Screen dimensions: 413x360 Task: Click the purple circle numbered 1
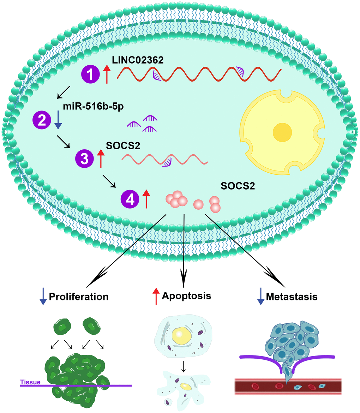91,75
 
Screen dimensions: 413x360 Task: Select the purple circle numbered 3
85,158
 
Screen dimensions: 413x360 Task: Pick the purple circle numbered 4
130,199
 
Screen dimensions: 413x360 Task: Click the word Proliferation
79,297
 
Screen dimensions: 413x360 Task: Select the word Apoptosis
186,295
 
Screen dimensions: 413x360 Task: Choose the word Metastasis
292,297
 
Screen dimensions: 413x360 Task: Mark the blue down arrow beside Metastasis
260,297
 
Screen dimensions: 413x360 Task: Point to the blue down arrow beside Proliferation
43,297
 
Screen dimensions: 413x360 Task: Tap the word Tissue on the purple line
30,382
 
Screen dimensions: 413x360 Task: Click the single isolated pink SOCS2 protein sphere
198,204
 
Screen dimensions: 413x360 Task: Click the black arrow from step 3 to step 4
109,181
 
